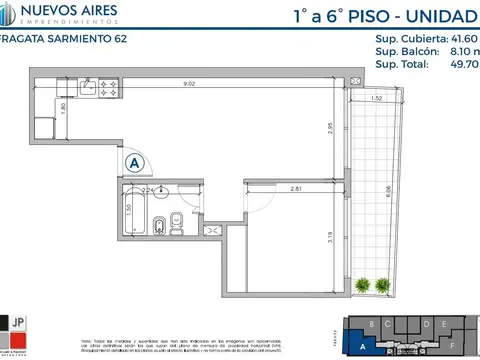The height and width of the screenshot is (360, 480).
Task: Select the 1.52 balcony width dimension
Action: click(376, 98)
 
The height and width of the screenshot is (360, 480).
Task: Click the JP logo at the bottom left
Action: click(17, 322)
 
